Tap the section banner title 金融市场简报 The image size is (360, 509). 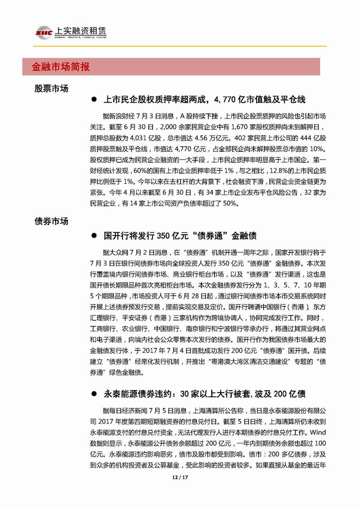coord(61,67)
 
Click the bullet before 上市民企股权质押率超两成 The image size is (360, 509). coord(93,100)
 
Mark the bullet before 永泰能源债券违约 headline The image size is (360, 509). coord(93,394)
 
